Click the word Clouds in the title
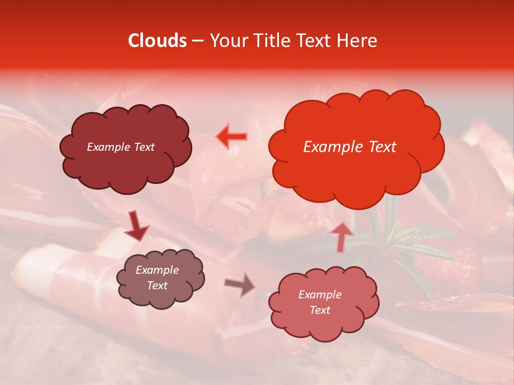tap(157, 41)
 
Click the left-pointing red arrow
tap(232, 137)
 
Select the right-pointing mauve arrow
tap(240, 284)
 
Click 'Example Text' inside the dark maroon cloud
tap(120, 147)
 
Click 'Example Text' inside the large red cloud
tap(350, 147)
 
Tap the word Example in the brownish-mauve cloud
tap(157, 270)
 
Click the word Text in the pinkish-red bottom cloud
tap(320, 310)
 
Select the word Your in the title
tap(226, 41)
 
